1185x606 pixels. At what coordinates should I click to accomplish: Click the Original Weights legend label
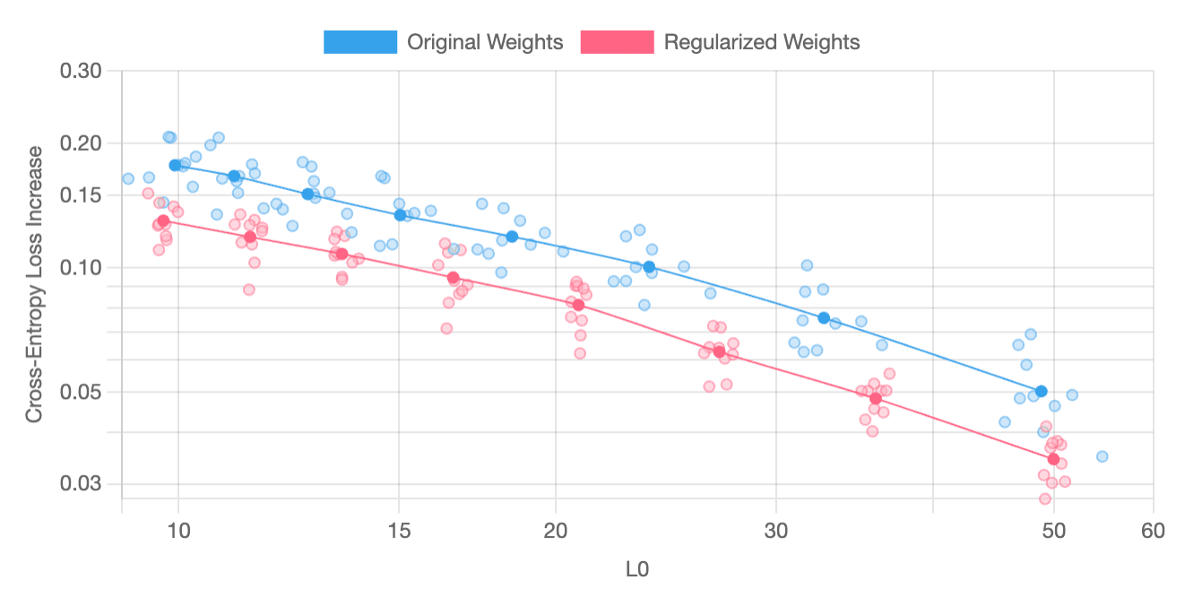tap(485, 42)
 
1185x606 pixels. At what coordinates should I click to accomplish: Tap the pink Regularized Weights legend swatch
tap(617, 42)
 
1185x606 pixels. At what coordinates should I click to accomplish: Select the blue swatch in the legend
tap(360, 42)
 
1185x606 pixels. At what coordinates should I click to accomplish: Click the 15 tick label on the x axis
tap(399, 531)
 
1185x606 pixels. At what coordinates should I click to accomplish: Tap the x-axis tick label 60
tap(1153, 531)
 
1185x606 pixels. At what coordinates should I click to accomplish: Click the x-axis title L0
tap(637, 569)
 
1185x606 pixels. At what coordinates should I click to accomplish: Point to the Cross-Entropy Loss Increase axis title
tap(34, 284)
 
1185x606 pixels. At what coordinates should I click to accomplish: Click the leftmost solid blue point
tap(175, 165)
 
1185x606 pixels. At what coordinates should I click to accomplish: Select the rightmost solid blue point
tap(1041, 391)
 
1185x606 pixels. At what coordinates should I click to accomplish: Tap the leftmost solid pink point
tap(163, 221)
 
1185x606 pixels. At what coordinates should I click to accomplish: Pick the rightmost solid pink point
tap(1053, 459)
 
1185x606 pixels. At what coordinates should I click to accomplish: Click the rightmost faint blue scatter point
tap(1102, 456)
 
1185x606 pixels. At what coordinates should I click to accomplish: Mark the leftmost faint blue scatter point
tap(128, 178)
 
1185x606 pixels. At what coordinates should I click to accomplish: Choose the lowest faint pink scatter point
tap(1044, 498)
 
